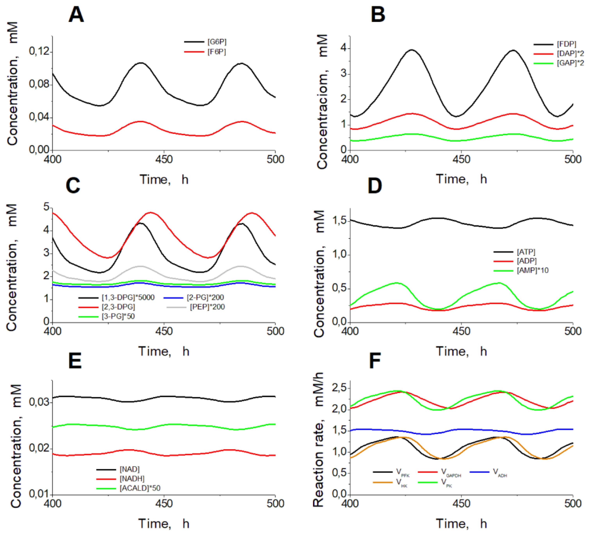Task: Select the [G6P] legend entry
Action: (217, 42)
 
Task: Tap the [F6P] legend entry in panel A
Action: (217, 52)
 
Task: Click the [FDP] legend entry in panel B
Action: (566, 44)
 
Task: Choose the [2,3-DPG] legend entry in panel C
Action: (118, 307)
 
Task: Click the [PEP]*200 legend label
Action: (207, 307)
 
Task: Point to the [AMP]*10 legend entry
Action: (532, 270)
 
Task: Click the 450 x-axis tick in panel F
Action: (461, 503)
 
